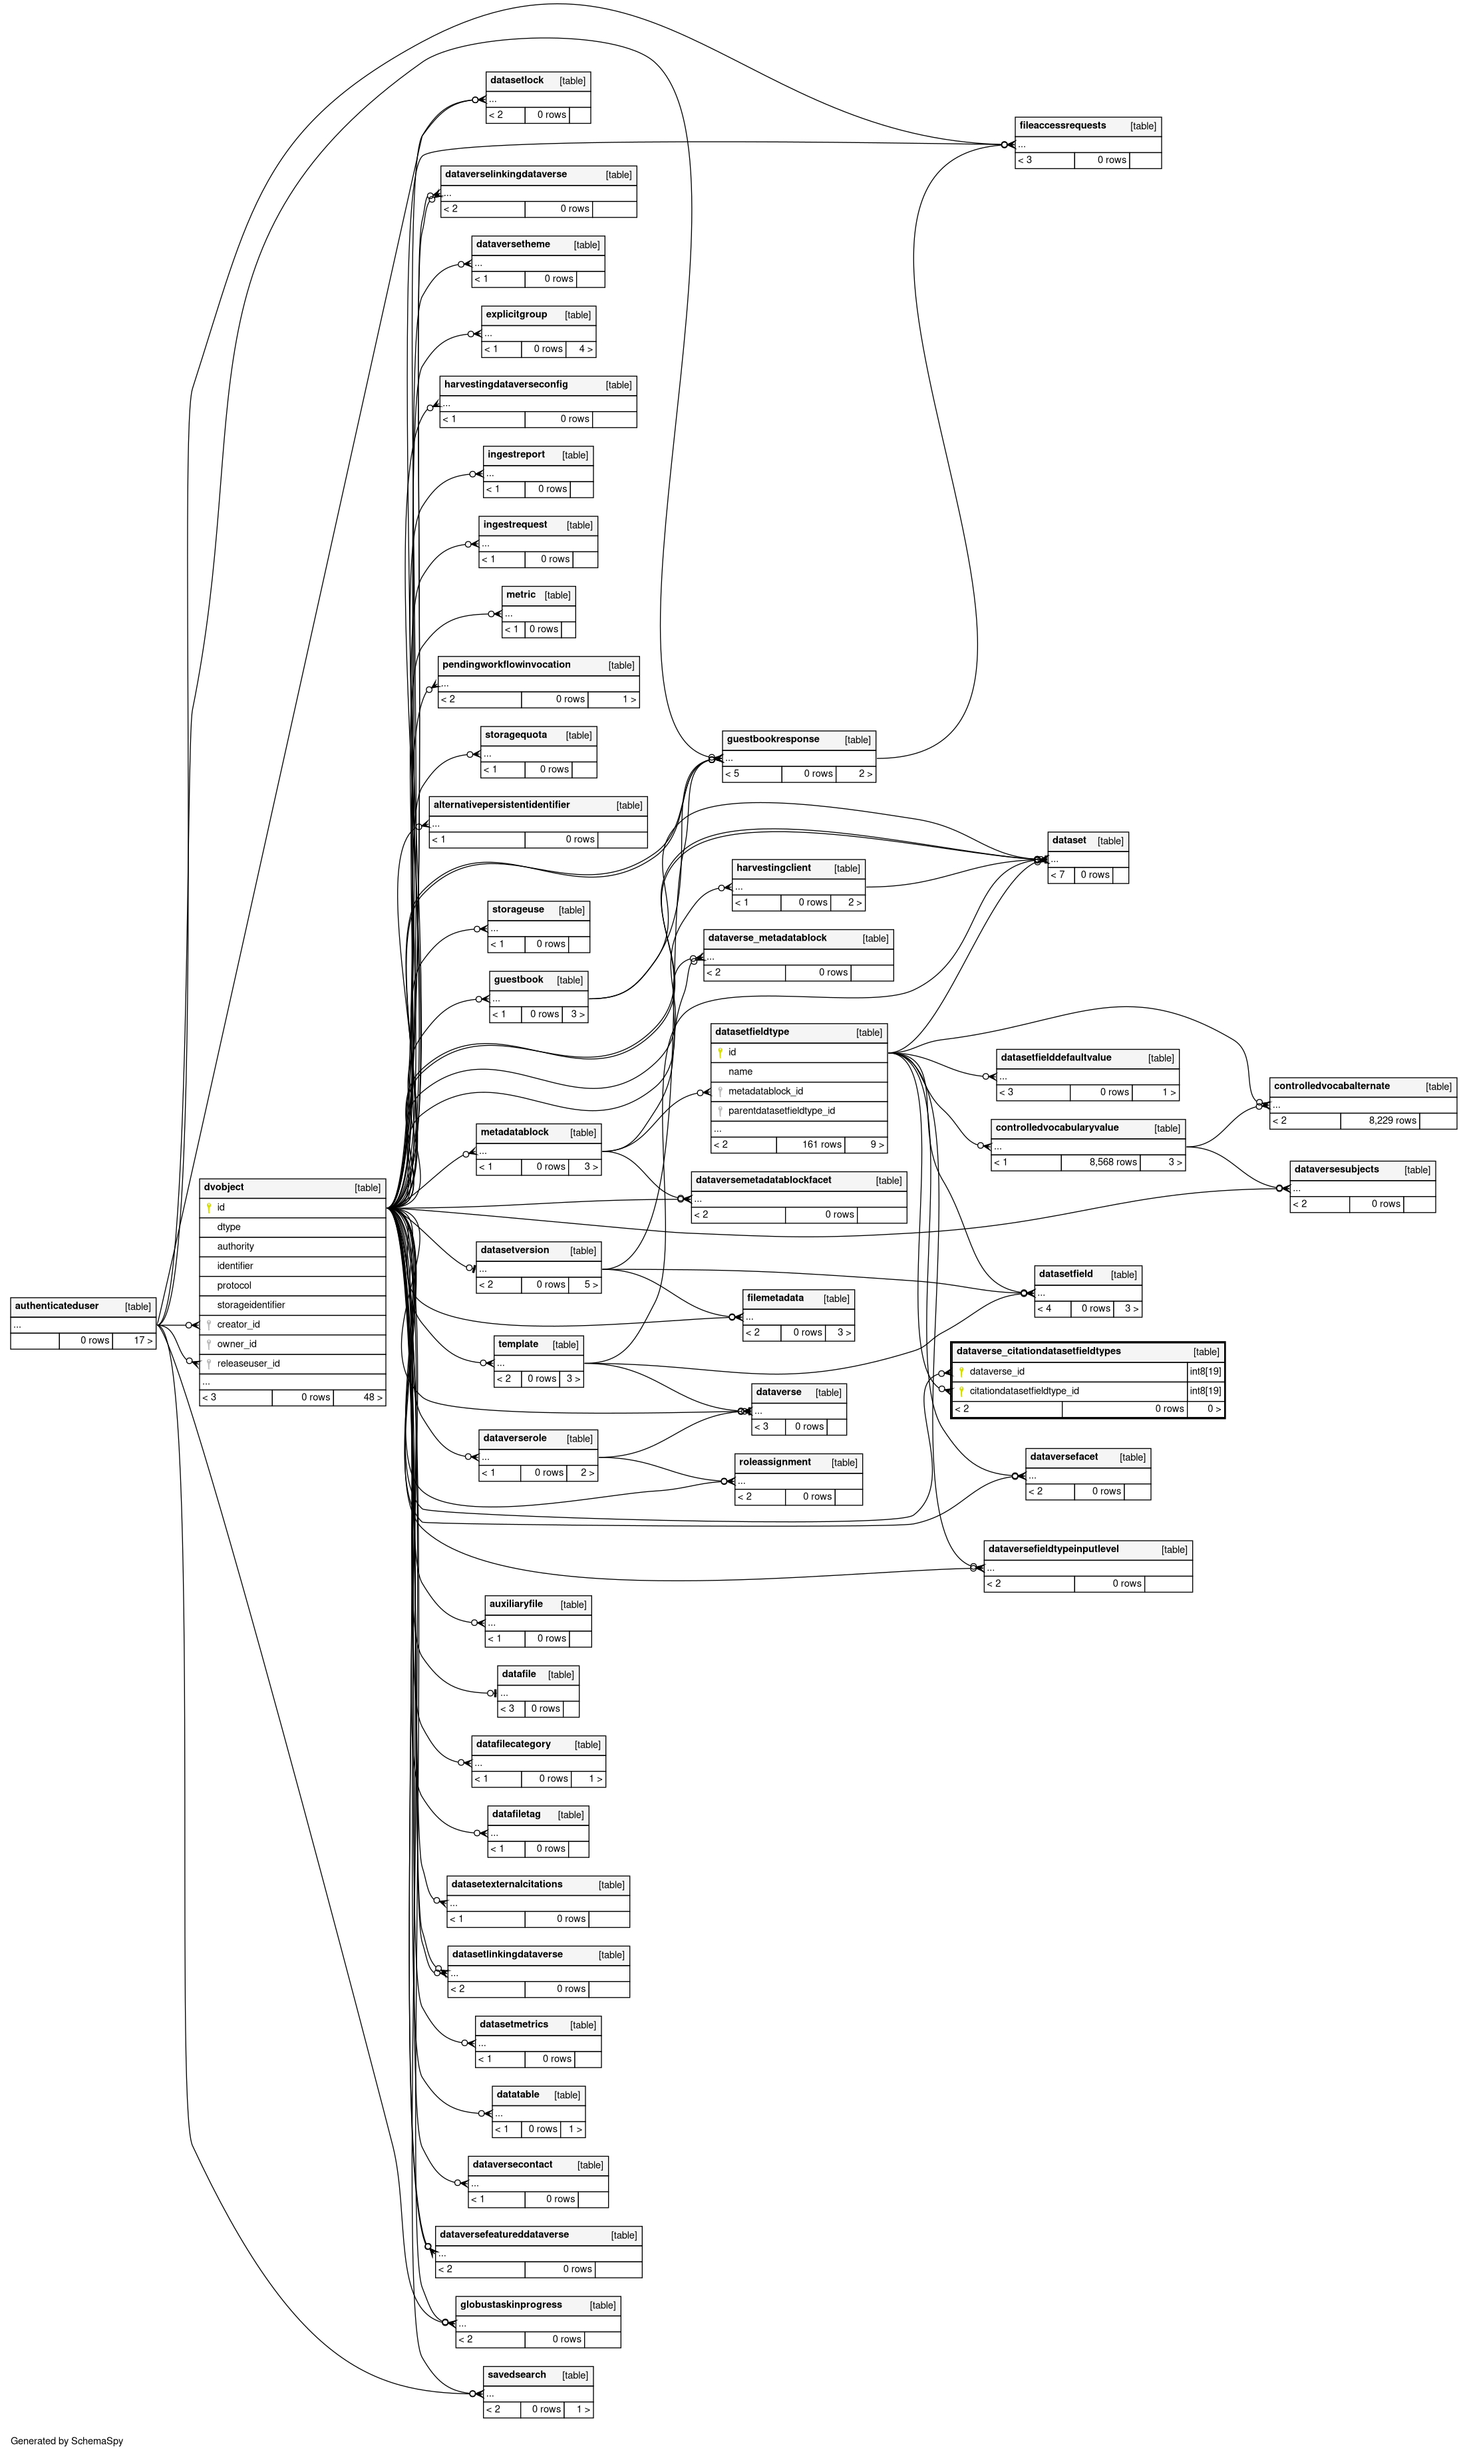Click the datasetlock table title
(x=517, y=80)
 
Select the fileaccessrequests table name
(x=1062, y=126)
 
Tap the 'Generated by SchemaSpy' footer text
(x=67, y=2440)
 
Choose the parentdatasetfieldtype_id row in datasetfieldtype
(x=781, y=1111)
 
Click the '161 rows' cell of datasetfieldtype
(x=822, y=1144)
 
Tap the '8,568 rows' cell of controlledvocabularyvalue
(x=1113, y=1162)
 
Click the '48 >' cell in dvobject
(x=373, y=1398)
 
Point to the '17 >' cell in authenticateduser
(x=143, y=1341)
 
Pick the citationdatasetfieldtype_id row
(x=1023, y=1390)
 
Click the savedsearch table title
(x=516, y=2375)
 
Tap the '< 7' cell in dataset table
(x=1058, y=875)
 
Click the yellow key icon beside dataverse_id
(x=961, y=1372)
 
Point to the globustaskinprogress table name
(x=510, y=2305)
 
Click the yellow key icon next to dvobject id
(x=209, y=1208)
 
